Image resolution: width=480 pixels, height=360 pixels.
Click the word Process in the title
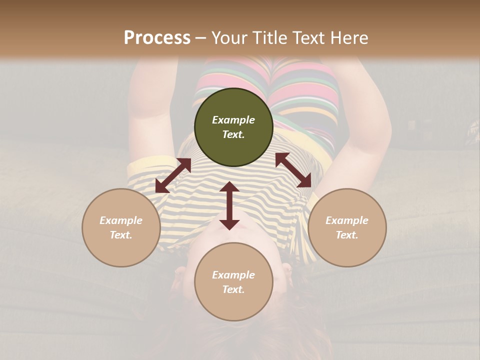coord(157,38)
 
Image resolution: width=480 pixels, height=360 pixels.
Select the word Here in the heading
coord(348,38)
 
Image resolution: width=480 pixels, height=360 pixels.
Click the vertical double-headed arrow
coord(229,205)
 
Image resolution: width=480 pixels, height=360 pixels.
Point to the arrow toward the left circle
coord(173,175)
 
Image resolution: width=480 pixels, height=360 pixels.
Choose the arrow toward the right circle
coord(293,170)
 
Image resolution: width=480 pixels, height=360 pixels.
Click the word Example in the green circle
coord(233,120)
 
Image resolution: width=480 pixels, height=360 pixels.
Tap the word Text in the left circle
coord(121,235)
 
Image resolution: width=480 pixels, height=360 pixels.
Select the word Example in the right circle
coord(347,220)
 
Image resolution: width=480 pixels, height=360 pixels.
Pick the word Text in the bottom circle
coord(233,289)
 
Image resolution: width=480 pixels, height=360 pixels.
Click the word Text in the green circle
coord(233,134)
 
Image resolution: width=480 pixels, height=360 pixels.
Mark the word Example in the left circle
coord(121,220)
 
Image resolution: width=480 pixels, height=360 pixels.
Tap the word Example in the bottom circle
coord(233,275)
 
